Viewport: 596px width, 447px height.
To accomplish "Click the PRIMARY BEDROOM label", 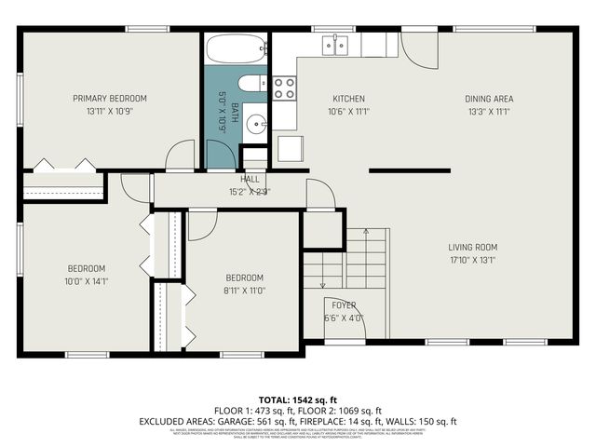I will [110, 98].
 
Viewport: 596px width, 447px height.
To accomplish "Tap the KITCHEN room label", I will [348, 99].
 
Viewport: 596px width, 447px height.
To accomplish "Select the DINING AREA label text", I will [489, 99].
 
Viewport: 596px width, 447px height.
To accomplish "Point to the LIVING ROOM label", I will [472, 248].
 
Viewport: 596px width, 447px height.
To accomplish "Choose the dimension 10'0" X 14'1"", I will [86, 280].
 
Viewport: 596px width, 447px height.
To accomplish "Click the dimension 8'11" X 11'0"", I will [244, 291].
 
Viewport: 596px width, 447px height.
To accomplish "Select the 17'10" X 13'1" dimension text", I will [472, 260].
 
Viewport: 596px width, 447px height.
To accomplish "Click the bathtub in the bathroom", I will [236, 48].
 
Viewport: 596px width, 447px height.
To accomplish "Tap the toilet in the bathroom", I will [252, 83].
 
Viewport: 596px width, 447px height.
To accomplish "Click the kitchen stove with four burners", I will [284, 88].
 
